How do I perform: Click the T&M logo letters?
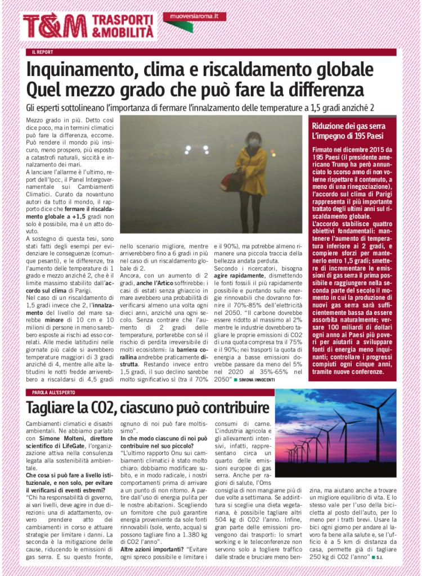[55, 26]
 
